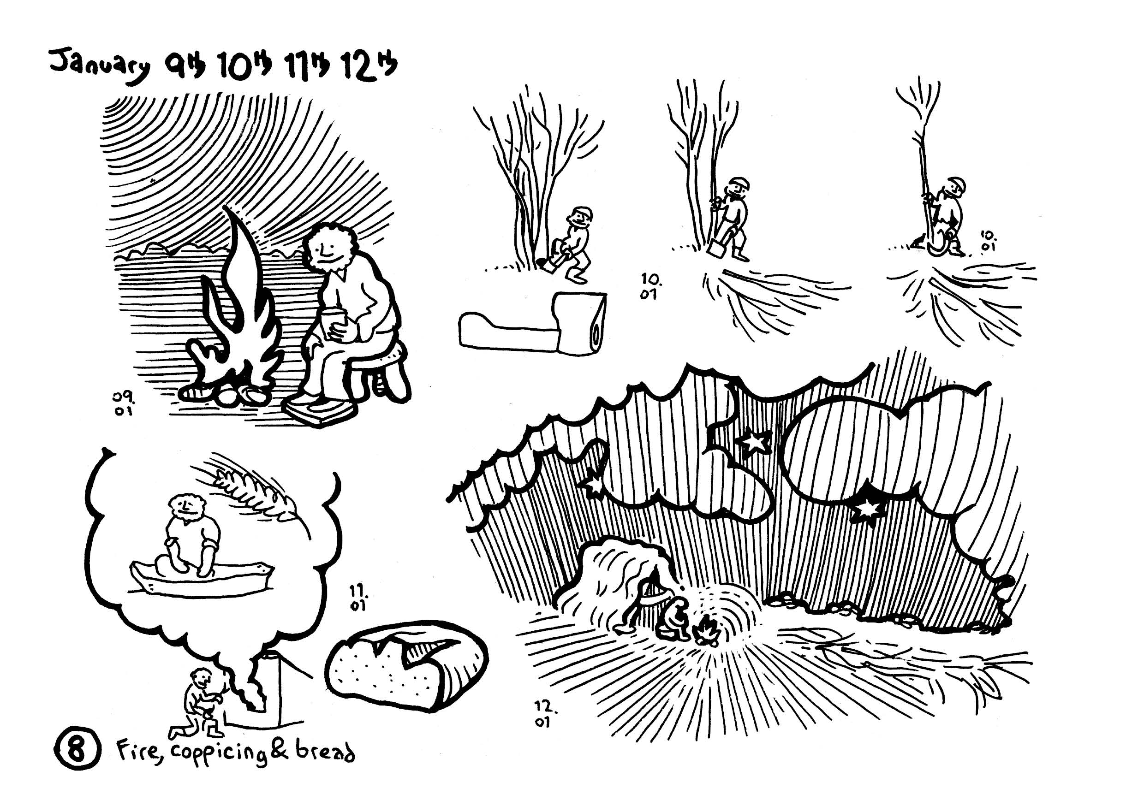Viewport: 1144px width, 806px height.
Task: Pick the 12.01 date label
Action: (x=545, y=714)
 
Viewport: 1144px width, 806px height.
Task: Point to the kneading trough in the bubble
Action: (x=202, y=578)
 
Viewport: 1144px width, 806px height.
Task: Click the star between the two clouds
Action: (x=752, y=441)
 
